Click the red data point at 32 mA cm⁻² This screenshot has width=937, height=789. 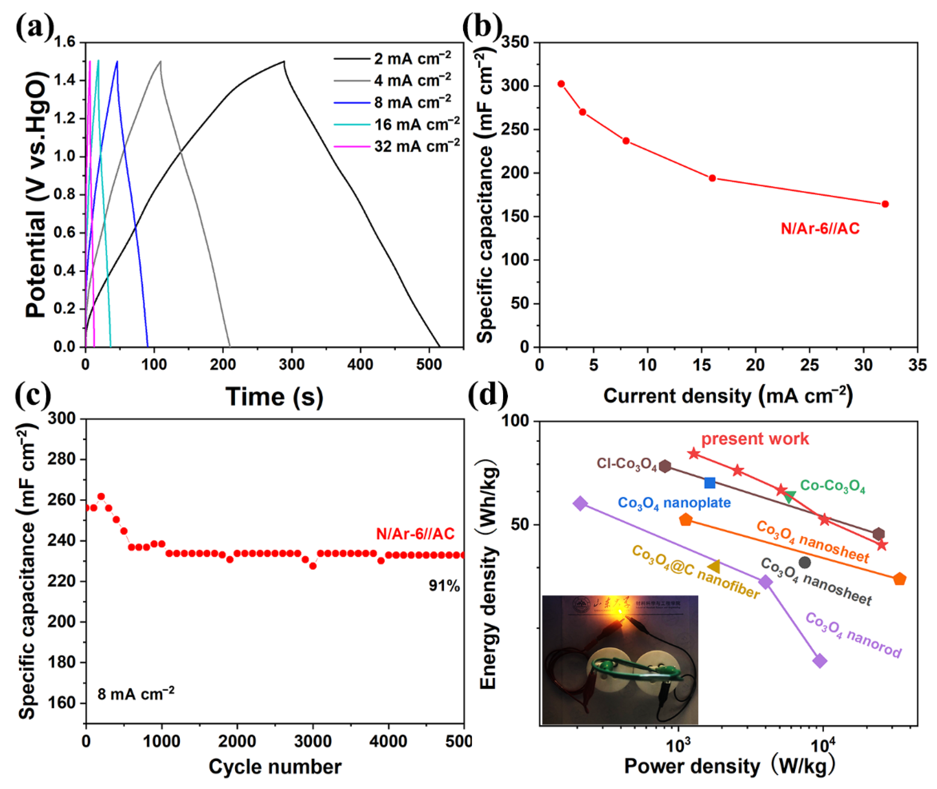(x=885, y=204)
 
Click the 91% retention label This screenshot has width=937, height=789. (x=444, y=586)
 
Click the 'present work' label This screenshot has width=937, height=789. (x=755, y=439)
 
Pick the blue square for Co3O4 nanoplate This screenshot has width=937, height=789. (x=710, y=482)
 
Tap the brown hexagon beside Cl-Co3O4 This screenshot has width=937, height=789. (x=665, y=466)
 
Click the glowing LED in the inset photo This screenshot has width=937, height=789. (x=621, y=612)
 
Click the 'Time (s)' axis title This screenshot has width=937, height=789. (x=274, y=397)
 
